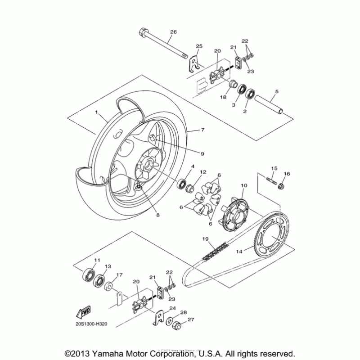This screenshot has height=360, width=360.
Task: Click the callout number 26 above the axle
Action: coord(173,32)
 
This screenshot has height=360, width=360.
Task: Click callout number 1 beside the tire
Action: coord(95,111)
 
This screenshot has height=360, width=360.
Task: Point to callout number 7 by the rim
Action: coord(203,130)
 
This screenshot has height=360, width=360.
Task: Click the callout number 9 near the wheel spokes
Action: coord(202,153)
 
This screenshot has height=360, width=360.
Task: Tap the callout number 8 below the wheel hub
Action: coord(158,215)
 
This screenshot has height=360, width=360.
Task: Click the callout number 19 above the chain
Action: coord(205,239)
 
